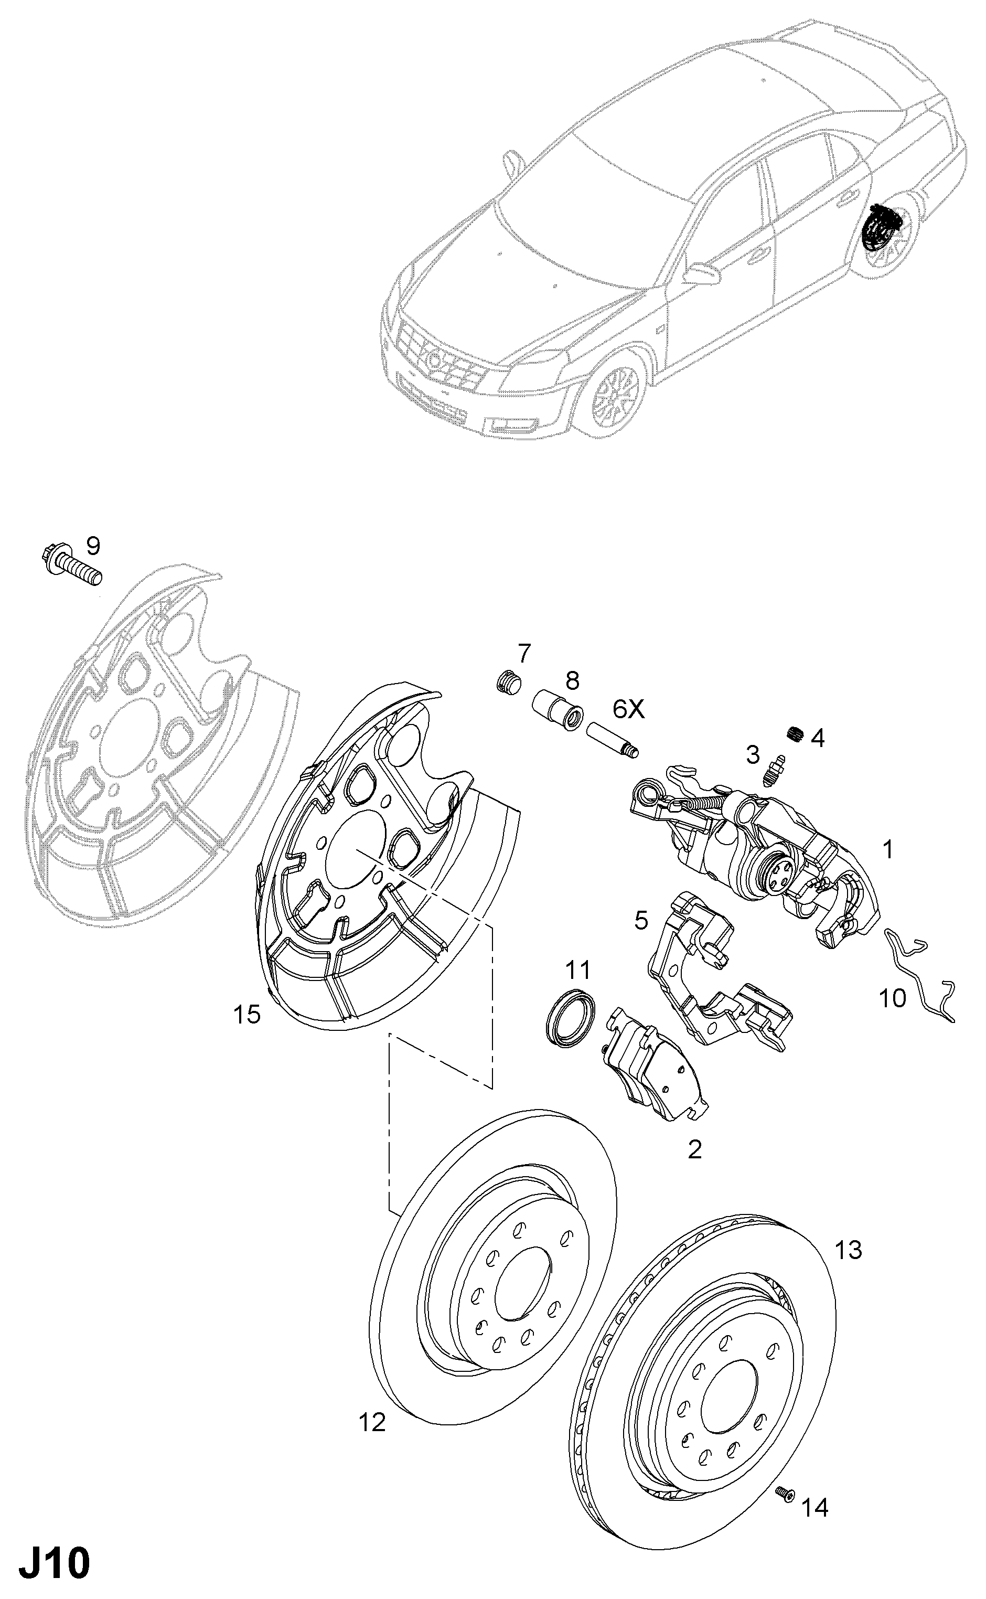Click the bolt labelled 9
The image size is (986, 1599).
[71, 567]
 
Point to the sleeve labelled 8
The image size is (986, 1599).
[558, 711]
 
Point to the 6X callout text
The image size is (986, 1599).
[627, 709]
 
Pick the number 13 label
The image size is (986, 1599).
[849, 1250]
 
